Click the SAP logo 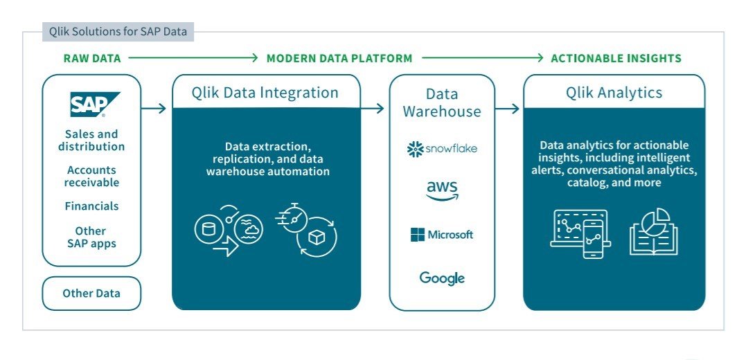[95, 105]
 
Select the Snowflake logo [442, 149]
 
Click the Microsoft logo [442, 235]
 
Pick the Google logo [442, 278]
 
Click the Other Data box [91, 294]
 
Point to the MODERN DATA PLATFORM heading [339, 58]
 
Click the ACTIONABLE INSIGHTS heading [616, 58]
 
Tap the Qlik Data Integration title [266, 93]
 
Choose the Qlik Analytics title [614, 93]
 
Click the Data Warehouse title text [442, 102]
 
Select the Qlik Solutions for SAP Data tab [118, 31]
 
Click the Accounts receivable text [91, 177]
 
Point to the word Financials [91, 206]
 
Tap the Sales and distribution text [91, 141]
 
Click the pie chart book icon [653, 231]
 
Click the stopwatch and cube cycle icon [308, 228]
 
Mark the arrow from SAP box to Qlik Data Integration [154, 108]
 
